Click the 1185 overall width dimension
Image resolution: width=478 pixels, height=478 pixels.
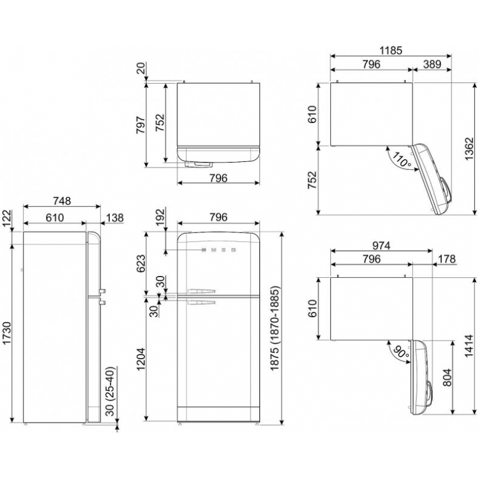(391, 50)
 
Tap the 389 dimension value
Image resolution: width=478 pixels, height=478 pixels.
(432, 64)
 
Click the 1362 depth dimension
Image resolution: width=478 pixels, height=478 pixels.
(470, 148)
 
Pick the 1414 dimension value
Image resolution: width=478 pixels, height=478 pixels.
(469, 347)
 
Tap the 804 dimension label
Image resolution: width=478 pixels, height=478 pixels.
(447, 378)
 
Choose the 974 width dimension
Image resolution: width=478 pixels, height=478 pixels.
(381, 246)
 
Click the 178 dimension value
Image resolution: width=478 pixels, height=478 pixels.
(446, 259)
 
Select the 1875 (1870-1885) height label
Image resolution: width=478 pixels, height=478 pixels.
(275, 328)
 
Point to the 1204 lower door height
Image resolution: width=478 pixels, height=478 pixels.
(141, 359)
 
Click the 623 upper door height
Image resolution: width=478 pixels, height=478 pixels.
(141, 263)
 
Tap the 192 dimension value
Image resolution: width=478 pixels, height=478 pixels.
(160, 217)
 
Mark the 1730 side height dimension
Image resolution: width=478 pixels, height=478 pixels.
(7, 333)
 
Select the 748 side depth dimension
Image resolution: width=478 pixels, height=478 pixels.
(62, 201)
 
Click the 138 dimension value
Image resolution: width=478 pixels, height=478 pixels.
(115, 217)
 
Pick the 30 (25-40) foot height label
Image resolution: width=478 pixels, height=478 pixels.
(110, 391)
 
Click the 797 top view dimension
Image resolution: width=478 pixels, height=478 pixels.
(141, 124)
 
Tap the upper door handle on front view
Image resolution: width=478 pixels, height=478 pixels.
(201, 291)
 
